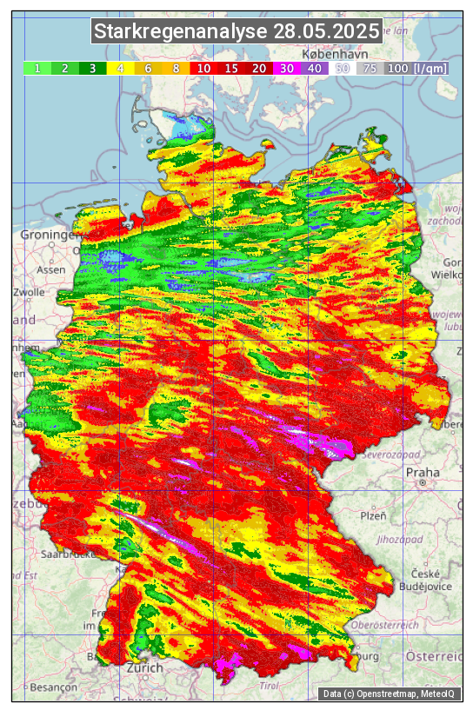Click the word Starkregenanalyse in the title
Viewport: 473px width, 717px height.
[180, 32]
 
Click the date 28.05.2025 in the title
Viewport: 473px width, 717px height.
[326, 32]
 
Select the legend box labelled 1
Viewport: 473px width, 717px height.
[37, 68]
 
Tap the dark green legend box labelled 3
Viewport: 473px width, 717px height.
[92, 68]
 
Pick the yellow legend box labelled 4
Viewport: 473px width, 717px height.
[121, 68]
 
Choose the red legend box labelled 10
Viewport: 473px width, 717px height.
[203, 68]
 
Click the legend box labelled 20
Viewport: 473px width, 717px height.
[258, 68]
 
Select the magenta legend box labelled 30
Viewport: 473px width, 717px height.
[286, 68]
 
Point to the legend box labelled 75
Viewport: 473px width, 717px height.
[370, 68]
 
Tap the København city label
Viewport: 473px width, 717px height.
[334, 54]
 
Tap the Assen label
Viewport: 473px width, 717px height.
[51, 269]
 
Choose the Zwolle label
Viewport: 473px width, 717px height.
[29, 292]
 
